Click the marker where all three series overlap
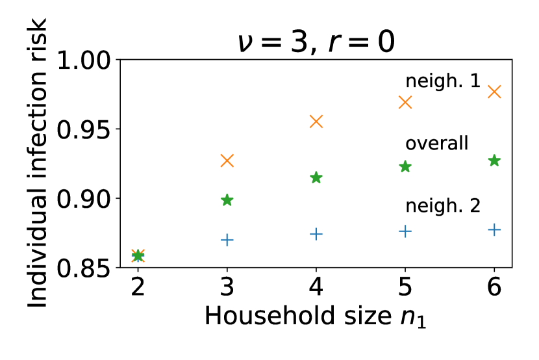(138, 255)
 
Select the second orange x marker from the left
(227, 161)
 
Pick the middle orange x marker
(316, 122)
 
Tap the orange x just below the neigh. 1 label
(405, 102)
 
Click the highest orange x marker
(494, 92)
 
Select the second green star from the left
(227, 200)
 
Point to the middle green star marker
(316, 177)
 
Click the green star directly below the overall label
(405, 167)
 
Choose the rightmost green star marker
(494, 161)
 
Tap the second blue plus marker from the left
(227, 240)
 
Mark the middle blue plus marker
(316, 234)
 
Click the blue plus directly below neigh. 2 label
(405, 231)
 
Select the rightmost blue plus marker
(494, 229)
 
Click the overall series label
(436, 144)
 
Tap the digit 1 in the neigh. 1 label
(475, 81)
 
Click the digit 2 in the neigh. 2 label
(475, 206)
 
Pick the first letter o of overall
(410, 145)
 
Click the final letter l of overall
(466, 143)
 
